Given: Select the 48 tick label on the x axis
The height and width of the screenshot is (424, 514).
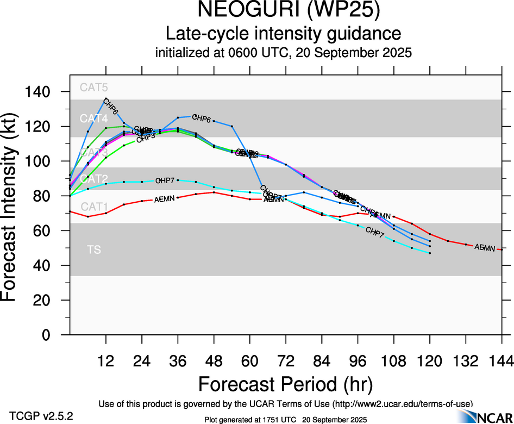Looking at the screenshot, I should pyautogui.click(x=214, y=361).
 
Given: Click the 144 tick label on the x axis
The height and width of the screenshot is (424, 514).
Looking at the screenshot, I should pyautogui.click(x=502, y=361).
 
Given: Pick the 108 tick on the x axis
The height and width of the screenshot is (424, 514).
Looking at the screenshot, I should pyautogui.click(x=393, y=361).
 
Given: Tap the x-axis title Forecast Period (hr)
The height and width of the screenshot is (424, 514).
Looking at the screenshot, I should pyautogui.click(x=285, y=384).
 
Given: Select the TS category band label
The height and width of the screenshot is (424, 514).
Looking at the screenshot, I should pyautogui.click(x=93, y=250).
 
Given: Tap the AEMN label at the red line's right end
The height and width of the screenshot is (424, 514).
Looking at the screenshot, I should pyautogui.click(x=485, y=248).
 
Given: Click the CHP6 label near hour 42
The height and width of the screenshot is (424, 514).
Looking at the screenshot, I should pyautogui.click(x=201, y=119).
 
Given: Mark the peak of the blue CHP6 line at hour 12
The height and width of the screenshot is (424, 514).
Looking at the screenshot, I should pyautogui.click(x=105, y=99).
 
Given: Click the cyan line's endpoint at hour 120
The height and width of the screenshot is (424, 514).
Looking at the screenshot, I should pyautogui.click(x=429, y=253).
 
